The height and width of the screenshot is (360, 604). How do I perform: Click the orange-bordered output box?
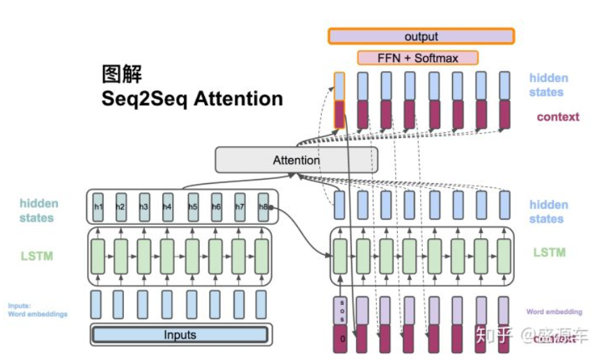click(x=421, y=36)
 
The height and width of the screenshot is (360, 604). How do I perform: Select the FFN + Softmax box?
click(x=418, y=58)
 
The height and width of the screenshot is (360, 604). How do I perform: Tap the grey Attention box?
click(x=296, y=160)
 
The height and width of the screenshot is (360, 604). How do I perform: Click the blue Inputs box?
click(x=180, y=335)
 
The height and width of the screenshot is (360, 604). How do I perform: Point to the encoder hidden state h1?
click(x=98, y=207)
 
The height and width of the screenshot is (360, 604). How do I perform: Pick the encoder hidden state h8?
click(x=263, y=207)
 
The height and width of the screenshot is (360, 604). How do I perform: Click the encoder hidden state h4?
click(x=167, y=207)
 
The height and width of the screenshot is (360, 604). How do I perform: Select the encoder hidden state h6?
click(x=216, y=207)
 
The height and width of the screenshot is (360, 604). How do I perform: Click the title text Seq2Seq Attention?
click(x=192, y=99)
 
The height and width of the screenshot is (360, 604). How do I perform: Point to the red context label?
click(x=557, y=117)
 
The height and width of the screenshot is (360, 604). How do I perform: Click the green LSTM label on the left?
click(x=36, y=256)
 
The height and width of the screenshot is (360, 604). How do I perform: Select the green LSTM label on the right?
click(x=549, y=252)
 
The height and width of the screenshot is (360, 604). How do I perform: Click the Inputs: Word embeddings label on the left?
click(x=38, y=310)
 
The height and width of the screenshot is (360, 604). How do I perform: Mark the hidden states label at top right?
click(x=548, y=85)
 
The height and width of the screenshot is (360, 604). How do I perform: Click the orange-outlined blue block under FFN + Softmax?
click(x=339, y=86)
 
